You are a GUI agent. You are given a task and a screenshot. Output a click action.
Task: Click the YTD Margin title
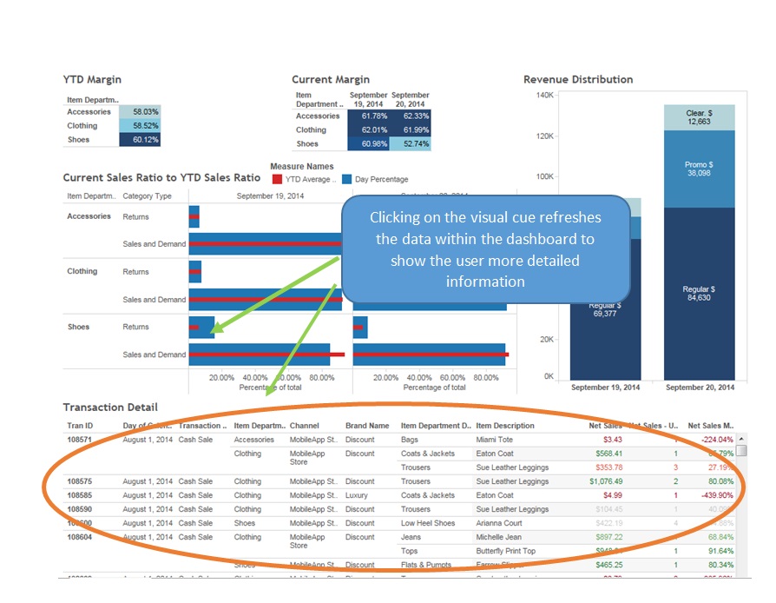click(x=92, y=80)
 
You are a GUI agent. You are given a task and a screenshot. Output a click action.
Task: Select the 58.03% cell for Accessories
click(x=140, y=112)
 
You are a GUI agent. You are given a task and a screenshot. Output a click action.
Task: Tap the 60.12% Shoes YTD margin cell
click(x=140, y=140)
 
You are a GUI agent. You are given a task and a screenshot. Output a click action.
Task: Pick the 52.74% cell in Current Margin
click(x=411, y=144)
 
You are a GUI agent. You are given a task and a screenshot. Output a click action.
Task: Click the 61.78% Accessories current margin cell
click(x=368, y=116)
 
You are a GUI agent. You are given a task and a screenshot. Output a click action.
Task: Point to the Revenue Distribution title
click(x=578, y=80)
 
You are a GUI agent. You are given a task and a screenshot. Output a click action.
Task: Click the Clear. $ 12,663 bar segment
click(x=699, y=117)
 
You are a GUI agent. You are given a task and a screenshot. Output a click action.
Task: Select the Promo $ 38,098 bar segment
click(x=699, y=169)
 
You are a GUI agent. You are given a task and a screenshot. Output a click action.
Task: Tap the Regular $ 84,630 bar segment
click(x=699, y=293)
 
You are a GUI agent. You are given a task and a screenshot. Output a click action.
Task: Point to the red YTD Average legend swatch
click(x=277, y=179)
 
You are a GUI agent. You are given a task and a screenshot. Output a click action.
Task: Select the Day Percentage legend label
click(x=381, y=180)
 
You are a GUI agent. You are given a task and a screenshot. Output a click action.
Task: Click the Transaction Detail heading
click(x=110, y=408)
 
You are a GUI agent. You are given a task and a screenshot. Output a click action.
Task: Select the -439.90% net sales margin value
click(x=711, y=495)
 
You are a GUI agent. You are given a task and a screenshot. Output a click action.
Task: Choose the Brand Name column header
click(x=367, y=426)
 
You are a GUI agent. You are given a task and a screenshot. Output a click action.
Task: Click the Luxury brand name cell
click(x=357, y=495)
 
